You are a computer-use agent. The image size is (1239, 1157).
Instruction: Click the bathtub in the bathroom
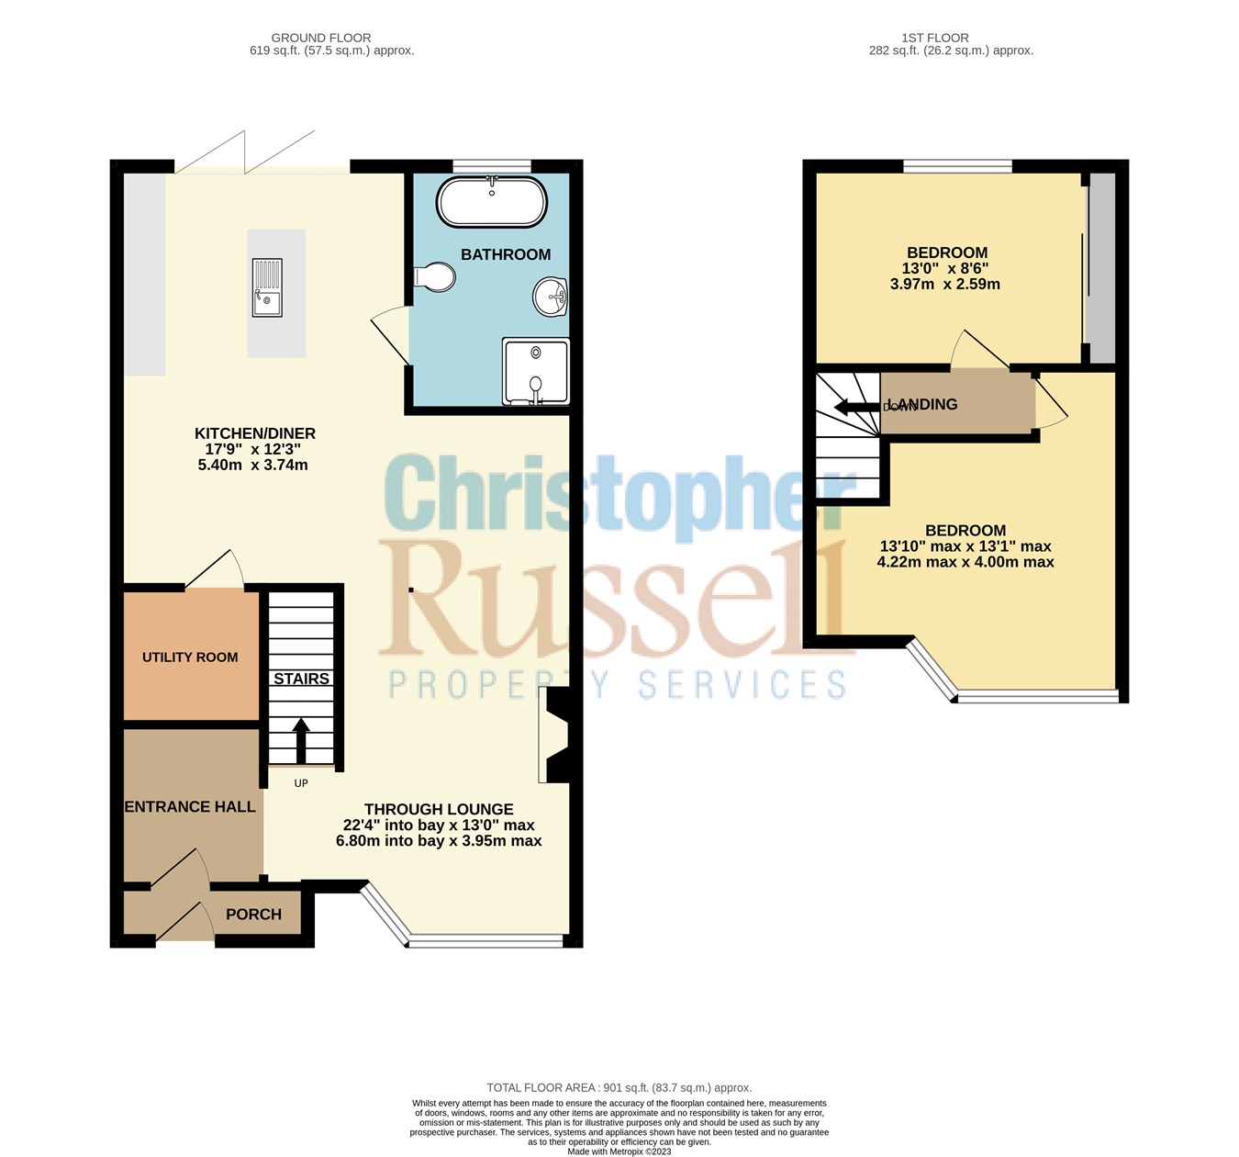pos(491,202)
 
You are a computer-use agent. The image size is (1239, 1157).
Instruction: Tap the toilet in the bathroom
pos(435,276)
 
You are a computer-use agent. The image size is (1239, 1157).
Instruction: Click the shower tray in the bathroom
pos(536,372)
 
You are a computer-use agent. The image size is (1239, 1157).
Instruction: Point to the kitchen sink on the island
pos(267,287)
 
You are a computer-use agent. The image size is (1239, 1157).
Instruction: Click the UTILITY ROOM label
pos(190,657)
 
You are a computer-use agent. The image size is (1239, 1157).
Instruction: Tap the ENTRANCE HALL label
pos(190,807)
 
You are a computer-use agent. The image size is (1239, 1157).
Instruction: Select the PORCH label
pos(253,915)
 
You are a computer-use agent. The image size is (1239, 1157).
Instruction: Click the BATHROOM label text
pos(506,255)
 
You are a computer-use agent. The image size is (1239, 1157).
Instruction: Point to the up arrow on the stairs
pos(301,739)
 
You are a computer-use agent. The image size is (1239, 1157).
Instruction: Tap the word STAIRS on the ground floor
pos(301,680)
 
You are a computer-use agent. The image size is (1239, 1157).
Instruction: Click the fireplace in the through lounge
pos(556,736)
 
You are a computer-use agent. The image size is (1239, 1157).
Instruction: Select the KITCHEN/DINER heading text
pos(254,433)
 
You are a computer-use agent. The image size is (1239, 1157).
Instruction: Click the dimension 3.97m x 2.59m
pos(945,285)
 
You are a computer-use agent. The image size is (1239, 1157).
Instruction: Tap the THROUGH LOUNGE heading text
pos(439,810)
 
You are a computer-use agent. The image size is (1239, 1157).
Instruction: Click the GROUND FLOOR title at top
pos(321,38)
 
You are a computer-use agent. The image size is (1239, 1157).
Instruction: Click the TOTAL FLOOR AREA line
pos(619,1088)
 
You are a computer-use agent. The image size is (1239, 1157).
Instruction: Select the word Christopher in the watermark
pos(615,496)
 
